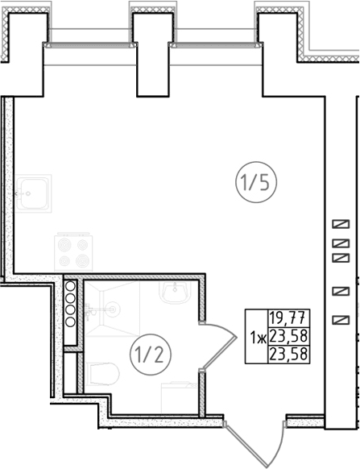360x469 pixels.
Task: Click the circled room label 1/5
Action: tap(256, 182)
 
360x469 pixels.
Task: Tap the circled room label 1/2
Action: tap(151, 355)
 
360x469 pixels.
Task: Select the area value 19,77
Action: tap(288, 318)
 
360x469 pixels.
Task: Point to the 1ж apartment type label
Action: tap(259, 338)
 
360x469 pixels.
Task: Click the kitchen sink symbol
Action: tap(33, 193)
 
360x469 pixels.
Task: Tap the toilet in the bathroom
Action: tap(103, 374)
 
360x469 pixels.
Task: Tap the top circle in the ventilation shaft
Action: tap(71, 286)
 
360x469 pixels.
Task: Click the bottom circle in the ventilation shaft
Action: tap(71, 322)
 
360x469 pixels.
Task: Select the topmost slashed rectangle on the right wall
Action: tap(341, 224)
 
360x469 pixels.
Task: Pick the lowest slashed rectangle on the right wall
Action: tap(341, 320)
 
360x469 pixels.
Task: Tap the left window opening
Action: tap(90, 45)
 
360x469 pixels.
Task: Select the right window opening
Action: tap(216, 45)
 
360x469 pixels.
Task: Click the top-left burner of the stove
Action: tap(65, 245)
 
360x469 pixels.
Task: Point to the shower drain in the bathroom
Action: tap(113, 309)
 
